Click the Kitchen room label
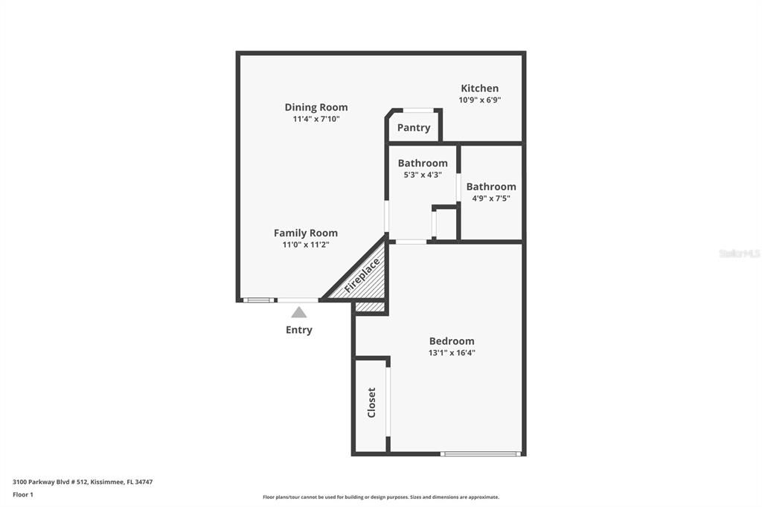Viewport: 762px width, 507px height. pos(479,88)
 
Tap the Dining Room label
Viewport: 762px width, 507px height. pos(316,107)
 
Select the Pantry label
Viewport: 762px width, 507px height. pos(414,128)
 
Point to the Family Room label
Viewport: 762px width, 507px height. pos(306,233)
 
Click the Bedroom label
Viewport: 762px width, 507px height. pos(452,341)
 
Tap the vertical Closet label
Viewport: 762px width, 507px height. pos(371,402)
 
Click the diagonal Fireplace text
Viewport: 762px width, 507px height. pos(362,275)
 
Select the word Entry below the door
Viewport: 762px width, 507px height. pos(299,330)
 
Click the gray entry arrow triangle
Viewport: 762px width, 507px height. pos(299,312)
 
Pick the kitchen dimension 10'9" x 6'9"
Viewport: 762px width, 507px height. pos(479,100)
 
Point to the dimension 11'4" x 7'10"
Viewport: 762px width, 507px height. pos(316,118)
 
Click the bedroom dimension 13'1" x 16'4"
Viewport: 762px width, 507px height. pos(452,352)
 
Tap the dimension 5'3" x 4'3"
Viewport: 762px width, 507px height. pos(423,175)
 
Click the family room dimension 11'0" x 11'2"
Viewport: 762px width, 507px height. pos(306,244)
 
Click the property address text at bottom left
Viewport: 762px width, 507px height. pos(83,482)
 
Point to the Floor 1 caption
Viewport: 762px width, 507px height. pos(23,494)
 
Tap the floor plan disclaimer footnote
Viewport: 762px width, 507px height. pos(381,497)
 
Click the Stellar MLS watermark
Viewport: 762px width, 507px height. pos(739,253)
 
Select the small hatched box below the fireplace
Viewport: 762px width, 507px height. pos(370,306)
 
